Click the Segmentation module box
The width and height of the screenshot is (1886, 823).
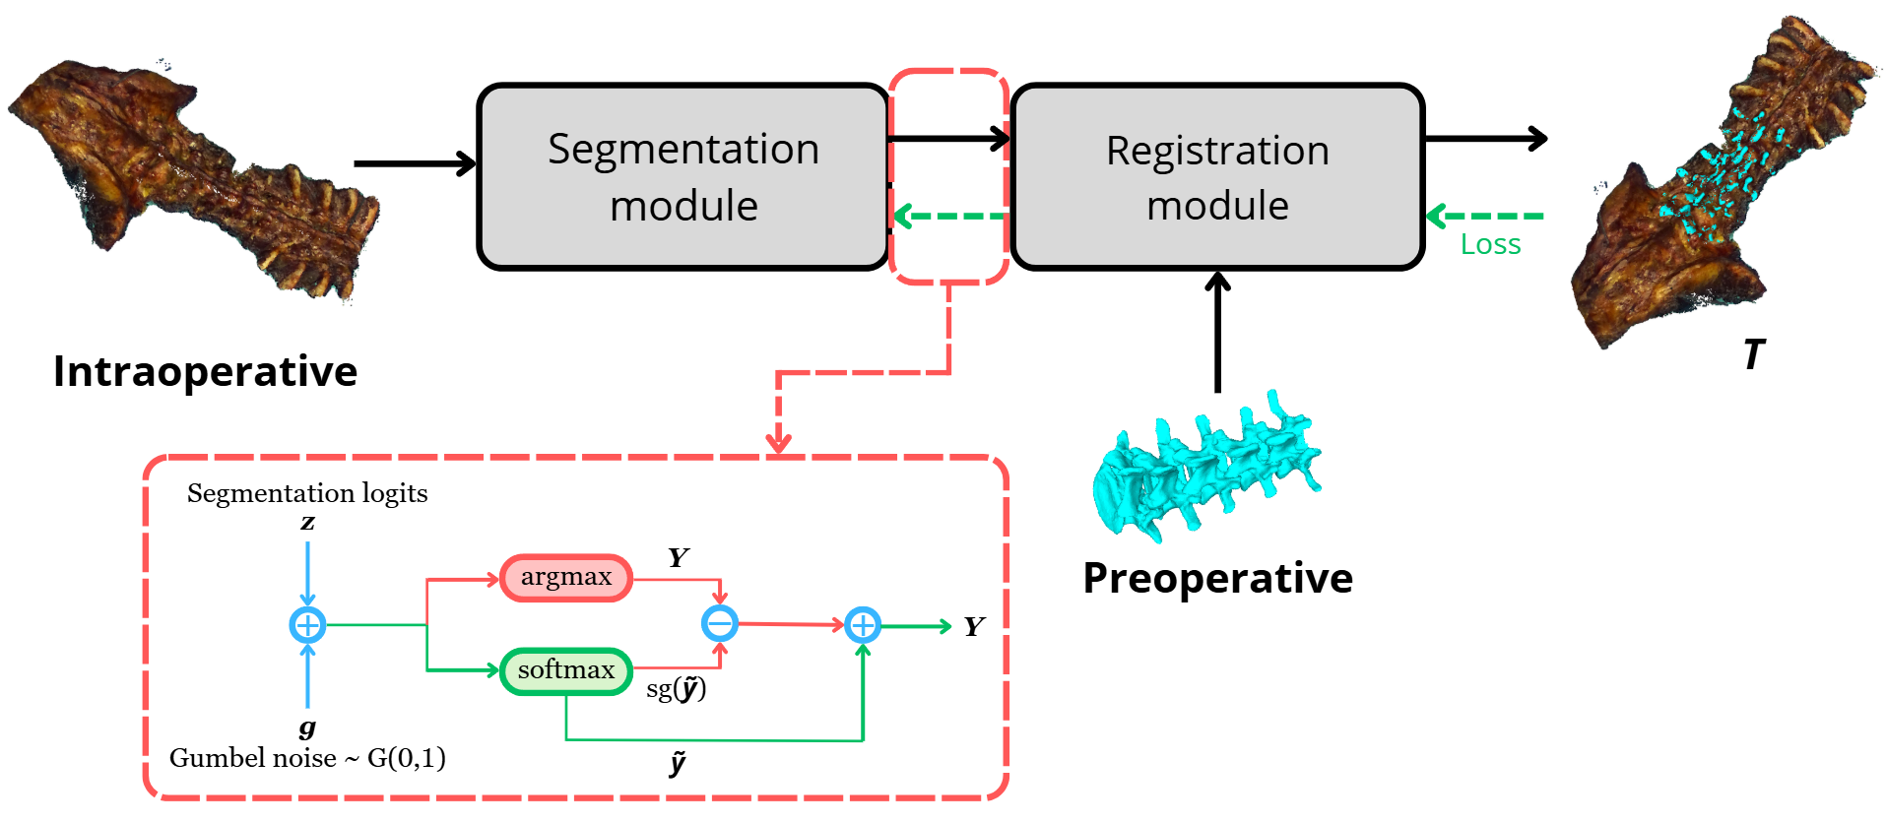[x=683, y=177]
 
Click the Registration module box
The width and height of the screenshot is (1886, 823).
[x=1217, y=177]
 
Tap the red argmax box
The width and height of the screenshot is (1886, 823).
[x=566, y=578]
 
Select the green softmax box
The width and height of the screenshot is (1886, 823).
[x=566, y=671]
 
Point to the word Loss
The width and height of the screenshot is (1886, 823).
[x=1490, y=245]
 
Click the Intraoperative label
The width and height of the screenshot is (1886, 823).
[x=205, y=372]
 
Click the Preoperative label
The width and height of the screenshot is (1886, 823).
[x=1217, y=579]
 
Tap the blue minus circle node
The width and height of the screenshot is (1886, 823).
[x=720, y=623]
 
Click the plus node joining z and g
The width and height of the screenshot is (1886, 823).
[x=307, y=625]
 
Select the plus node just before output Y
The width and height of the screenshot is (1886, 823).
[x=863, y=625]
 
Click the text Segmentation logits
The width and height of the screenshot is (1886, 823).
[x=307, y=493]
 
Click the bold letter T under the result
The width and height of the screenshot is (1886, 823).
[x=1753, y=355]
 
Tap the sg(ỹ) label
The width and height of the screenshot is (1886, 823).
[x=676, y=689]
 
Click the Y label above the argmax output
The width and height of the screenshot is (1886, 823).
[x=678, y=558]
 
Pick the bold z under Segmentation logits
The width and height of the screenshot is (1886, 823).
[x=307, y=523]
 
